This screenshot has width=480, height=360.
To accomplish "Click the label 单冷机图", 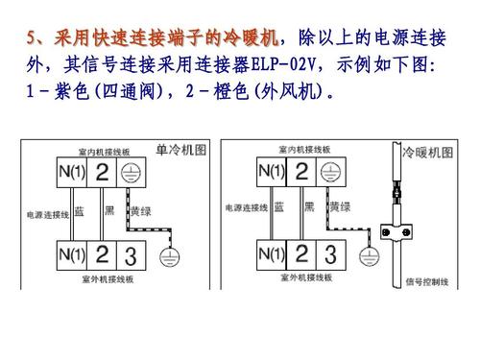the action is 181,150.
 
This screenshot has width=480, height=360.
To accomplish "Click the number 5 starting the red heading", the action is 32,38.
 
